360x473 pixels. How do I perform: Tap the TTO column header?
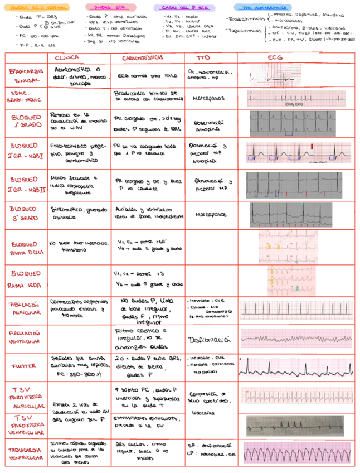(x=203, y=57)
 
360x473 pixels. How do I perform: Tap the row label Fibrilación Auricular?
(x=25, y=310)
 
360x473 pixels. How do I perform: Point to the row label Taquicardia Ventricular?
(x=25, y=453)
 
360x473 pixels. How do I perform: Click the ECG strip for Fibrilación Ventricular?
(x=296, y=338)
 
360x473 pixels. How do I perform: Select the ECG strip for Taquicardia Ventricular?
(x=296, y=453)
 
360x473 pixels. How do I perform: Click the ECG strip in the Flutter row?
(x=296, y=366)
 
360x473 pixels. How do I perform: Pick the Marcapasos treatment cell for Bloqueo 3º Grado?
(x=210, y=214)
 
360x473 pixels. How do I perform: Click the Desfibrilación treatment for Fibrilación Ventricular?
(x=210, y=339)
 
